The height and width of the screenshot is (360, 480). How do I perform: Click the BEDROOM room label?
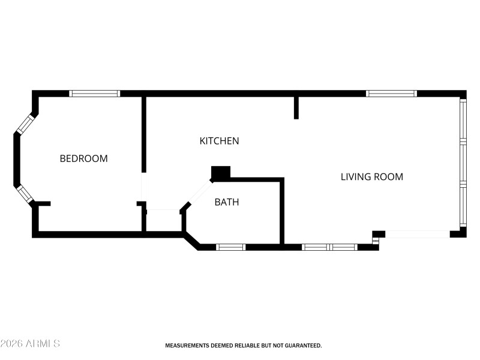coord(83,159)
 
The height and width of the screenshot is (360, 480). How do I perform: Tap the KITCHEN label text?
coord(219,141)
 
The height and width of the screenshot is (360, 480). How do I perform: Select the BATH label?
coord(227,202)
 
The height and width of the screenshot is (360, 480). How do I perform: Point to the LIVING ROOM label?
coord(372,177)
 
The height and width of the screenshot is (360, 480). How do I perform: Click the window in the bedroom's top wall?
coord(94,94)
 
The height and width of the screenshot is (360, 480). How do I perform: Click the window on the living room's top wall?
coord(391,94)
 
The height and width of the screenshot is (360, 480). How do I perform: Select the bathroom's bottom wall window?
coord(230,247)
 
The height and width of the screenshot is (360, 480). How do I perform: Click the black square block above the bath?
coord(221,173)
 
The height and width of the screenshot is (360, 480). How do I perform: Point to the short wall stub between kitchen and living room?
coord(296,107)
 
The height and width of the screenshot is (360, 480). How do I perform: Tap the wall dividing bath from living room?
coord(282,211)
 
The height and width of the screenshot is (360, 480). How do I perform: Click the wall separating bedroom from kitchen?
coord(144,133)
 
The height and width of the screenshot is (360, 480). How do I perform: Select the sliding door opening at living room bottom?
coord(418,234)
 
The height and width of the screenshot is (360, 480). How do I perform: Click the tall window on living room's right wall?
coord(463,163)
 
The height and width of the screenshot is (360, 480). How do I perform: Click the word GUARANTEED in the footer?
coord(302,346)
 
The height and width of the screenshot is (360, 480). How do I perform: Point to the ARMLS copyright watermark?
coord(30,344)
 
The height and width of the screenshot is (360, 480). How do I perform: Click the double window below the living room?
coord(329,247)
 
